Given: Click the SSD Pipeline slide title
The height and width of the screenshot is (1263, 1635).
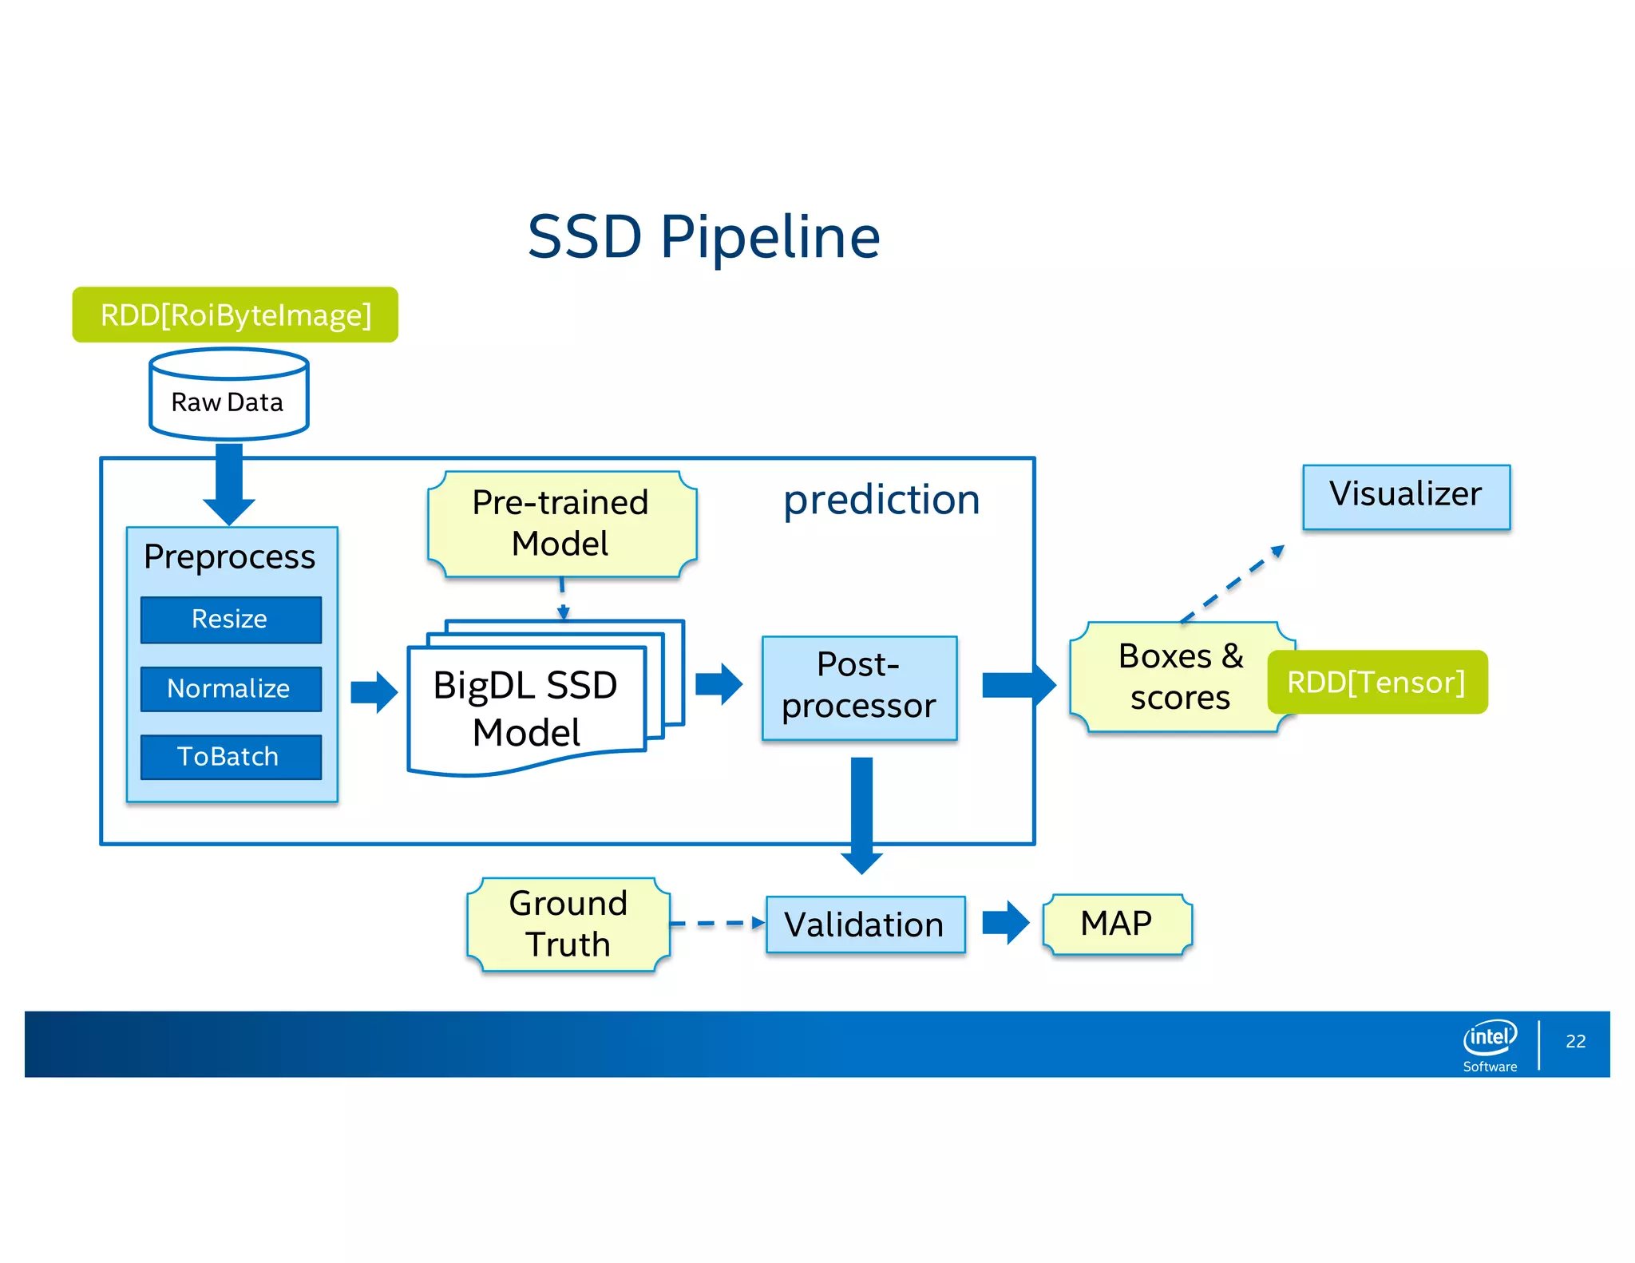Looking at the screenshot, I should (703, 237).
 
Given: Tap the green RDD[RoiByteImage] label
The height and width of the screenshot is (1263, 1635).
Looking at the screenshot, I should (235, 315).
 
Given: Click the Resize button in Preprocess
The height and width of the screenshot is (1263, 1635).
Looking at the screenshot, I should (231, 620).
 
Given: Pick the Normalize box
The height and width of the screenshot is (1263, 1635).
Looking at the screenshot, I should (231, 689).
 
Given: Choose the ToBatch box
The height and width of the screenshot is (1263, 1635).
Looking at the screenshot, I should (231, 757).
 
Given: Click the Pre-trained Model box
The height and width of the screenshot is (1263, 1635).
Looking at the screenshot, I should (561, 524).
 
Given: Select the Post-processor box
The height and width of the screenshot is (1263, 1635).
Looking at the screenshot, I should (859, 687).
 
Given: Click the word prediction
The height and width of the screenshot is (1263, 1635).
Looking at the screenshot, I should (881, 501).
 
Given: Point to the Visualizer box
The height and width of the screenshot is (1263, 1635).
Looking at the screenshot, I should (1406, 496).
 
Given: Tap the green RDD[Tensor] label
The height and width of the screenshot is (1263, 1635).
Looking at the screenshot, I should (1377, 683).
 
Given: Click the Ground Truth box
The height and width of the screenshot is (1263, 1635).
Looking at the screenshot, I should (568, 924).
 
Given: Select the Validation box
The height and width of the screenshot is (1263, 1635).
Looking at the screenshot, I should (865, 924).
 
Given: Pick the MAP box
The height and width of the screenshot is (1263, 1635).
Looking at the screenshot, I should (1116, 924).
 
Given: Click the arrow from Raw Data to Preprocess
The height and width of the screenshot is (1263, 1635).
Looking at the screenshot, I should (229, 483).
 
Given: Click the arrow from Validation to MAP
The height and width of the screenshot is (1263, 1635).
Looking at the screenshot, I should (1004, 923).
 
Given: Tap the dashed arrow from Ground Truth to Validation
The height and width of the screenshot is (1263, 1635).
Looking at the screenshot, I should (717, 924).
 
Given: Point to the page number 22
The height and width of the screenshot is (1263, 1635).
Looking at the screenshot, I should (1575, 1041).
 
